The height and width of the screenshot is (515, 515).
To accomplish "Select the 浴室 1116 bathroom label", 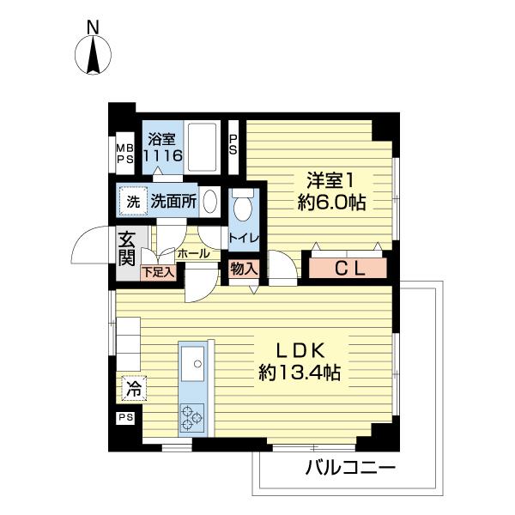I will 162,147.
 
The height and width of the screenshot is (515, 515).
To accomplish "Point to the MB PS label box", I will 125,152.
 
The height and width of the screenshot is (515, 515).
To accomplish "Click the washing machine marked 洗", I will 133,203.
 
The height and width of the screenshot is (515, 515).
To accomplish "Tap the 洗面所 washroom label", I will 173,203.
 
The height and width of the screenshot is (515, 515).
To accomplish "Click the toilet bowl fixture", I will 243,206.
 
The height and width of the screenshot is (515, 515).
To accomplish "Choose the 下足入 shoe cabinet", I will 158,273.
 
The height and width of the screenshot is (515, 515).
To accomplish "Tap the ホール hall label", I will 192,254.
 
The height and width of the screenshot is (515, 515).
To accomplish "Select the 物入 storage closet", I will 244,269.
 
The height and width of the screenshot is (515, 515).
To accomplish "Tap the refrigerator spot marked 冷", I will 133,389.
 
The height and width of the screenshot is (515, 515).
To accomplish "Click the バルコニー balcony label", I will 349,469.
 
